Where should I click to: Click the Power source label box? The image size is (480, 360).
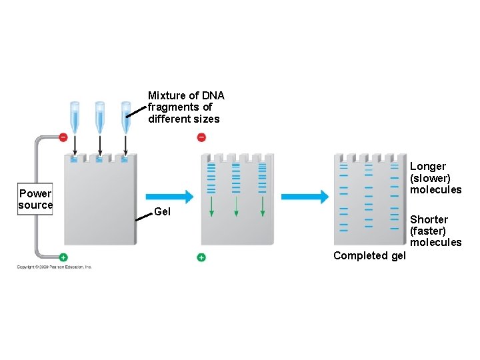35,199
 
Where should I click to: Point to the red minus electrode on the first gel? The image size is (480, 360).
63,137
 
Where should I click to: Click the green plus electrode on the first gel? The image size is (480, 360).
63,257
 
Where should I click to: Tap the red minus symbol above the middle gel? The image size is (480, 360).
201,137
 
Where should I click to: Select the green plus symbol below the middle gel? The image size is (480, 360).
201,257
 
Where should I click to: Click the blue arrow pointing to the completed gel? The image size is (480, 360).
305,197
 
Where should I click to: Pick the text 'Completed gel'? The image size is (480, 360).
369,255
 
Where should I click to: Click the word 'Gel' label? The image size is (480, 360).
162,212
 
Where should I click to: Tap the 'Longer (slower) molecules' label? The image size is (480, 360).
435,177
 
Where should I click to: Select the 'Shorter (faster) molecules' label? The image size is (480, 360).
435,231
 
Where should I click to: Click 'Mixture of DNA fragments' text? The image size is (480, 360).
185,107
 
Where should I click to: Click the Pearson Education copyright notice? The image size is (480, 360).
55,267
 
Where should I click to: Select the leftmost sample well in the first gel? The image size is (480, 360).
74,160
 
